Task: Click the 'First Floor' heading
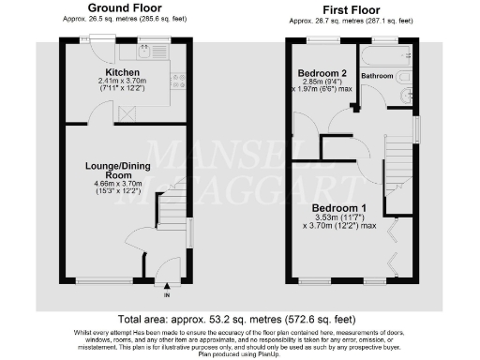[x=352, y=9]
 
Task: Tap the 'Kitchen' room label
[x=123, y=72]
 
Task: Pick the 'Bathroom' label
[x=377, y=74]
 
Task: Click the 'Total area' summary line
[x=240, y=319]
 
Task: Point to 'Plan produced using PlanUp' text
[x=240, y=355]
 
